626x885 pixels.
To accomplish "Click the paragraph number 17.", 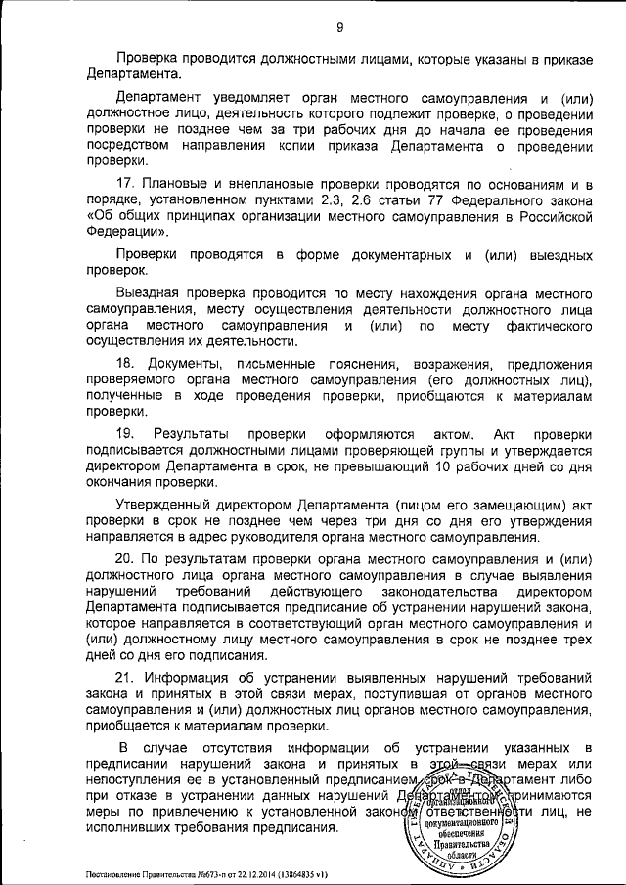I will point(123,185).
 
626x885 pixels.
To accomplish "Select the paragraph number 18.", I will point(123,362).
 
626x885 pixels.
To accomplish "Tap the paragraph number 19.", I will point(123,433).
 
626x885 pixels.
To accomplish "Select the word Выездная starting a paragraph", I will point(148,292).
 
